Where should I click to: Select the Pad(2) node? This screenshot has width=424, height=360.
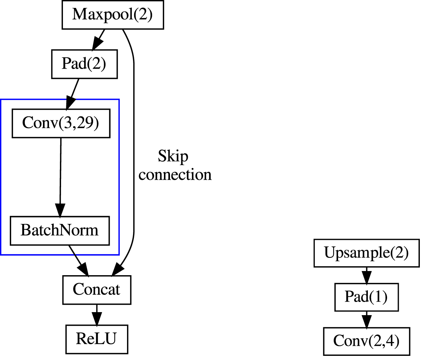pos(84,64)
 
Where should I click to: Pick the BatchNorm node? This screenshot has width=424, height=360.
pos(59,230)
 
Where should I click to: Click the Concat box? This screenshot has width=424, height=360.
pos(96,290)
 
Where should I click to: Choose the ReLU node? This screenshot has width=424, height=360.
pos(96,339)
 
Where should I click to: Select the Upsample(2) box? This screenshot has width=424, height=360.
pos(366,253)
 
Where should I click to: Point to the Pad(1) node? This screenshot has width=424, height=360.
pos(366,297)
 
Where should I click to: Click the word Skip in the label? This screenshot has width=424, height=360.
pos(173,156)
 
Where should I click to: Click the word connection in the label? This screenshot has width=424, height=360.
pos(175,175)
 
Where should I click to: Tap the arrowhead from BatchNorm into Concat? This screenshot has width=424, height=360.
pos(83,270)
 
